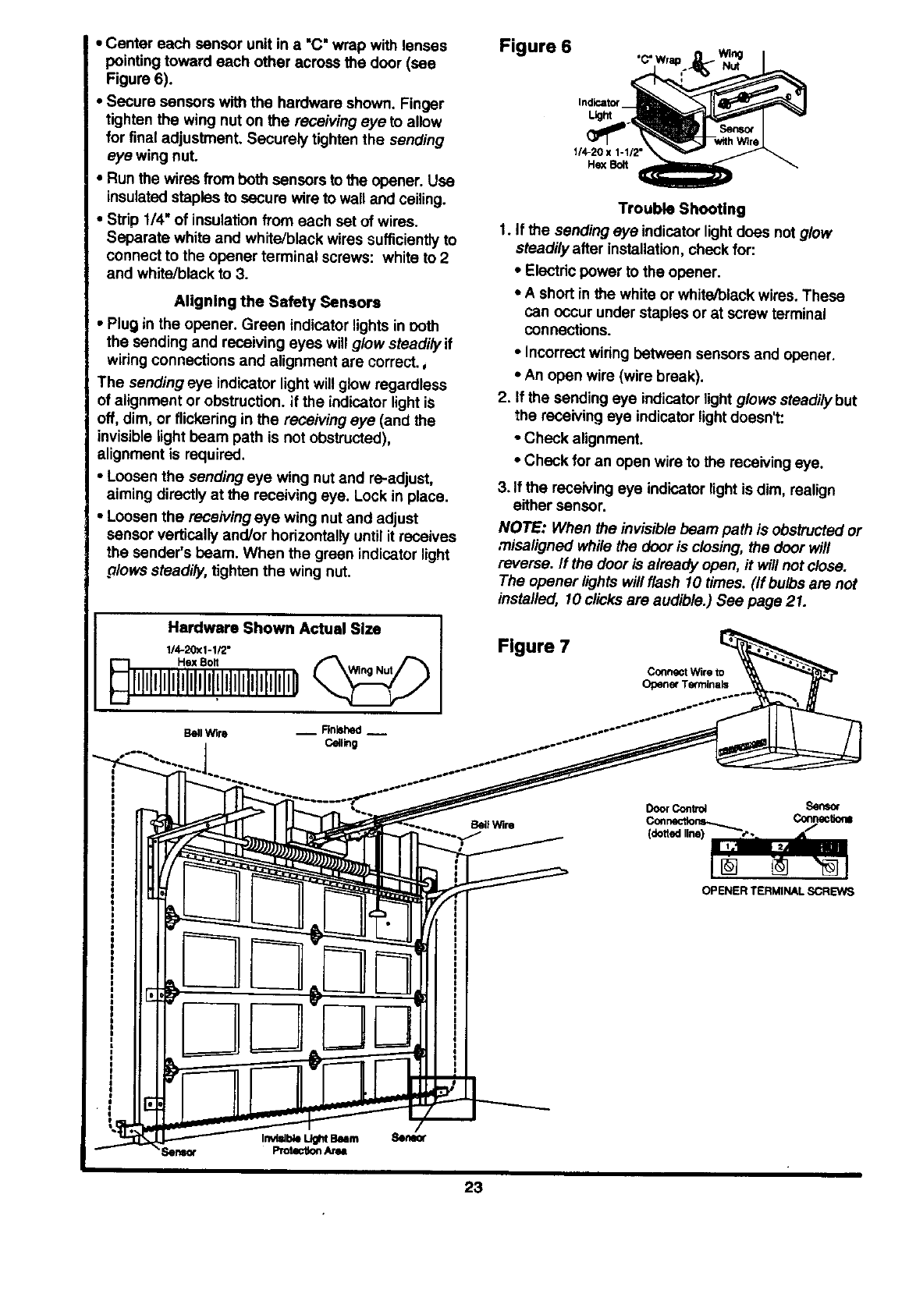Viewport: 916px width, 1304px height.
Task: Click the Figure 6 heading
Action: (x=534, y=46)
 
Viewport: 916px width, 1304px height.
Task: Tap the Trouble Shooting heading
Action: (x=681, y=209)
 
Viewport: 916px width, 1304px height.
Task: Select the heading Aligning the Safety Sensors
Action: (x=278, y=302)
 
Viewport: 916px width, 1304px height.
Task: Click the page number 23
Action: (x=474, y=1188)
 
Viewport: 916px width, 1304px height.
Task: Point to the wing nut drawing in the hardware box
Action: (x=370, y=670)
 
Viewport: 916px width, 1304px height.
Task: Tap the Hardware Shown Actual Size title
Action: (x=275, y=628)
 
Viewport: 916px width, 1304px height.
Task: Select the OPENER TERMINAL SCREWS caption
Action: (x=778, y=891)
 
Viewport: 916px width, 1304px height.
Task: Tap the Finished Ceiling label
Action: (x=341, y=736)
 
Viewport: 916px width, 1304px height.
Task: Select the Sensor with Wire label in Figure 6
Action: (x=736, y=134)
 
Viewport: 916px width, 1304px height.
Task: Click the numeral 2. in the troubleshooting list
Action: (x=503, y=401)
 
